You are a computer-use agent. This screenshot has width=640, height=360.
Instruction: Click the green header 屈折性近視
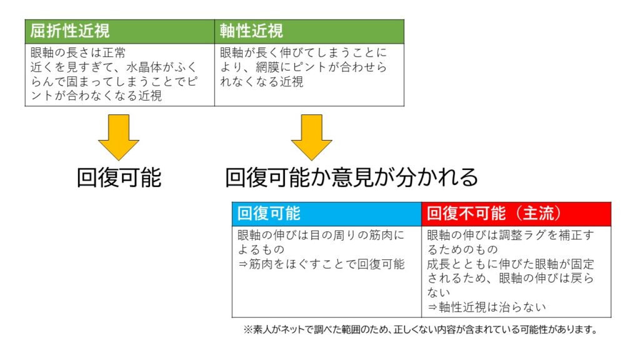click(x=70, y=31)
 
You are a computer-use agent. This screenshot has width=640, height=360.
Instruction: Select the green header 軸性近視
click(x=251, y=31)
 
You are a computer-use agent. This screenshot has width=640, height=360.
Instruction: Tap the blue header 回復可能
click(x=269, y=214)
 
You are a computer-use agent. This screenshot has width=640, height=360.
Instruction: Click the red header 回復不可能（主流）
click(x=494, y=214)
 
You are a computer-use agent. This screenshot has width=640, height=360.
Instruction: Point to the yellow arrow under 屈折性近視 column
click(x=119, y=137)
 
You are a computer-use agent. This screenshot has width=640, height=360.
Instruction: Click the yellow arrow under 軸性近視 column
click(x=311, y=137)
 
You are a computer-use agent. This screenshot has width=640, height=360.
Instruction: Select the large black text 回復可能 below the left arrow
click(x=119, y=177)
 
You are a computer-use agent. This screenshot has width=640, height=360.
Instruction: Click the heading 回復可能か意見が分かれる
click(x=351, y=177)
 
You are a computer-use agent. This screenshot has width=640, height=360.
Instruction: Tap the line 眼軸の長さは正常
click(x=78, y=52)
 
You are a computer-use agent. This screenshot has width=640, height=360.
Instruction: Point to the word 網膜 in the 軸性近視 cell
click(x=267, y=67)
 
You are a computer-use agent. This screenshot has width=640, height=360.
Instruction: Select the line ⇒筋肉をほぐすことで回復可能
click(x=321, y=264)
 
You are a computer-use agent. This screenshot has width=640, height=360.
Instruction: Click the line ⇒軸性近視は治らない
click(x=486, y=307)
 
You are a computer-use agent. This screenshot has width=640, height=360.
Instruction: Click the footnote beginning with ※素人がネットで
click(x=421, y=329)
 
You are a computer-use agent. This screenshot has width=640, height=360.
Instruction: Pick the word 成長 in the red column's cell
click(x=439, y=264)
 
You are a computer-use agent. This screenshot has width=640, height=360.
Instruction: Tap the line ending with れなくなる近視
click(x=262, y=82)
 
